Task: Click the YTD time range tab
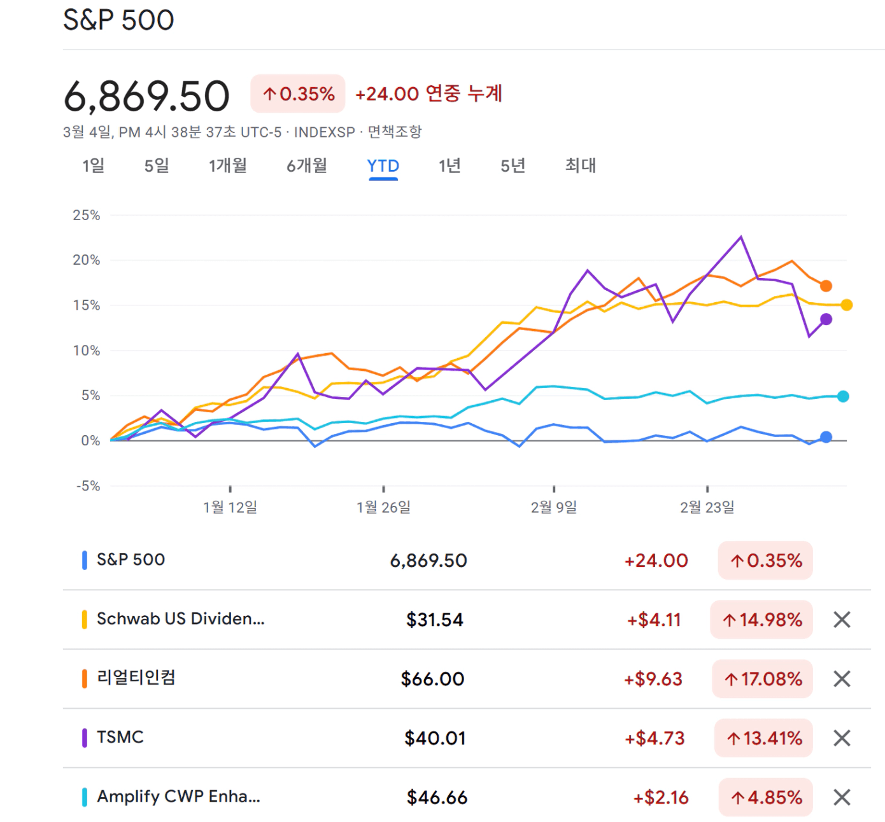(383, 166)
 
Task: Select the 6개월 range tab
(306, 166)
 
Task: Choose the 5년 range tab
(513, 166)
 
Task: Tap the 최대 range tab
(580, 166)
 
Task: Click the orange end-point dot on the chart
(826, 286)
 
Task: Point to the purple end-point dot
(826, 319)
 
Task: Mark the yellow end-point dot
(846, 305)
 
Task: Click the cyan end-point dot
(843, 396)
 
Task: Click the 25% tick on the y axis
(87, 215)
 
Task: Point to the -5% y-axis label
(88, 486)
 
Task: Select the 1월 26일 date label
(383, 507)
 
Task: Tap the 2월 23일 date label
(707, 507)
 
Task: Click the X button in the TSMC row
(842, 738)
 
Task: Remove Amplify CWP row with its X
(842, 797)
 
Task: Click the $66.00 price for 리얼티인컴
(432, 679)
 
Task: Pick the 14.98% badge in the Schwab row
(761, 620)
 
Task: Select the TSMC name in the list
(120, 737)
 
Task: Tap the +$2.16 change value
(661, 797)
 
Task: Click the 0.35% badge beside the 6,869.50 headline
(298, 94)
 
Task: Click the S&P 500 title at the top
(118, 20)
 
